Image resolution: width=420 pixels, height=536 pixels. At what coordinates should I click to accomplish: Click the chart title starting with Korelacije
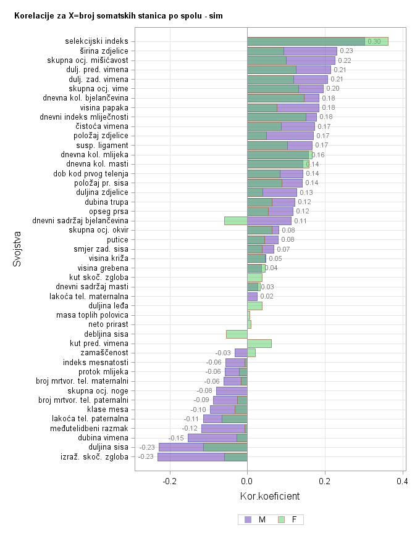118,15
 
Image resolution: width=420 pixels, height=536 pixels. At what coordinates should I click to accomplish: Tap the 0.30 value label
374,42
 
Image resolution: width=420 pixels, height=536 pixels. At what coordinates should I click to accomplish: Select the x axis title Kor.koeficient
269,496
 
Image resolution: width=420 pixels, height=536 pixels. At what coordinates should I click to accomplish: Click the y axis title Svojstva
17,249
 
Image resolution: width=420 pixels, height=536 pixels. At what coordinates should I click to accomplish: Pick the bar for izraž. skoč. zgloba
202,457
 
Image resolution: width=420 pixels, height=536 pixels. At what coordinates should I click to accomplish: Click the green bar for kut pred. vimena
259,344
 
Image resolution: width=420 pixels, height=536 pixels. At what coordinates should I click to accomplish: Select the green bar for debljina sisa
237,334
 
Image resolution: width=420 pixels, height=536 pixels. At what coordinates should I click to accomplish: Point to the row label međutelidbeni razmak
94,429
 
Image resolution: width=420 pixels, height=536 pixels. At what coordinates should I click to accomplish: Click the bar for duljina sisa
203,447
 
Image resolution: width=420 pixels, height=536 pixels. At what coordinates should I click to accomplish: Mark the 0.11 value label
301,221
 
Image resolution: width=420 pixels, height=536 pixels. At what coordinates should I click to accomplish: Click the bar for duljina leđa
254,305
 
